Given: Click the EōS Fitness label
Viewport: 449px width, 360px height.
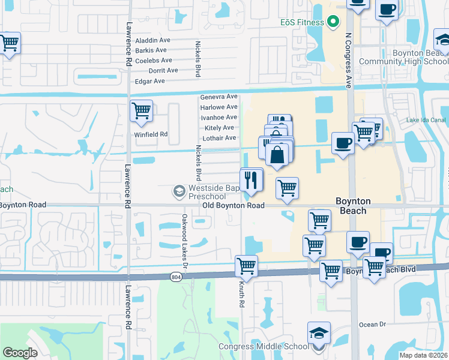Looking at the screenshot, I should click(x=303, y=22).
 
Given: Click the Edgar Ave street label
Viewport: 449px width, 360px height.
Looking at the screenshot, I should click(x=150, y=81).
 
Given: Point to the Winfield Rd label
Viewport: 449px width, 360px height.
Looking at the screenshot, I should click(x=151, y=134).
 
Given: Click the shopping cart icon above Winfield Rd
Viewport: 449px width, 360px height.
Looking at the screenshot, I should click(x=141, y=110).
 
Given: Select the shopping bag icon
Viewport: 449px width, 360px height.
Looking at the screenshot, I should click(x=277, y=154).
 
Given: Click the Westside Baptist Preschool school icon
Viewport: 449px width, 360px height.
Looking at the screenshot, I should click(x=178, y=191).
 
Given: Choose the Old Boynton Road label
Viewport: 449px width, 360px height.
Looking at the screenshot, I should click(x=234, y=205).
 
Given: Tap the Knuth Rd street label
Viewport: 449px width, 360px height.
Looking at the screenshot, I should click(x=242, y=295).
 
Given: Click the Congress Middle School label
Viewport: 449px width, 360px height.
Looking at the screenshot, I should click(x=264, y=346).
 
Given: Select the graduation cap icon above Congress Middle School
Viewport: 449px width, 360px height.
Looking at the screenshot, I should click(x=319, y=333).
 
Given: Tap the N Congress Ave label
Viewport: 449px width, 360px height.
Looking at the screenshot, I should click(x=348, y=60).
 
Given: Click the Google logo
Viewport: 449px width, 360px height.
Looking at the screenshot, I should click(x=20, y=353).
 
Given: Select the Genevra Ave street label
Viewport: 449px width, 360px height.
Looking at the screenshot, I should click(x=218, y=97).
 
